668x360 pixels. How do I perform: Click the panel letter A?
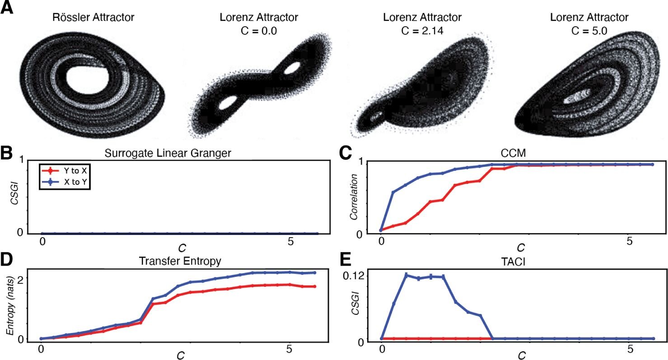pyautogui.click(x=8, y=9)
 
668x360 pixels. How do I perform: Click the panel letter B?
pyautogui.click(x=8, y=153)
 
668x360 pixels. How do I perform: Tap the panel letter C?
pyautogui.click(x=346, y=153)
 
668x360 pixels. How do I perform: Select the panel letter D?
pyautogui.click(x=8, y=260)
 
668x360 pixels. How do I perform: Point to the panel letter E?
pyautogui.click(x=345, y=260)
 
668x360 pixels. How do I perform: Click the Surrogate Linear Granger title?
pyautogui.click(x=168, y=153)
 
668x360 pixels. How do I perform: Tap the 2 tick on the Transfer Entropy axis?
pyautogui.click(x=20, y=277)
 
